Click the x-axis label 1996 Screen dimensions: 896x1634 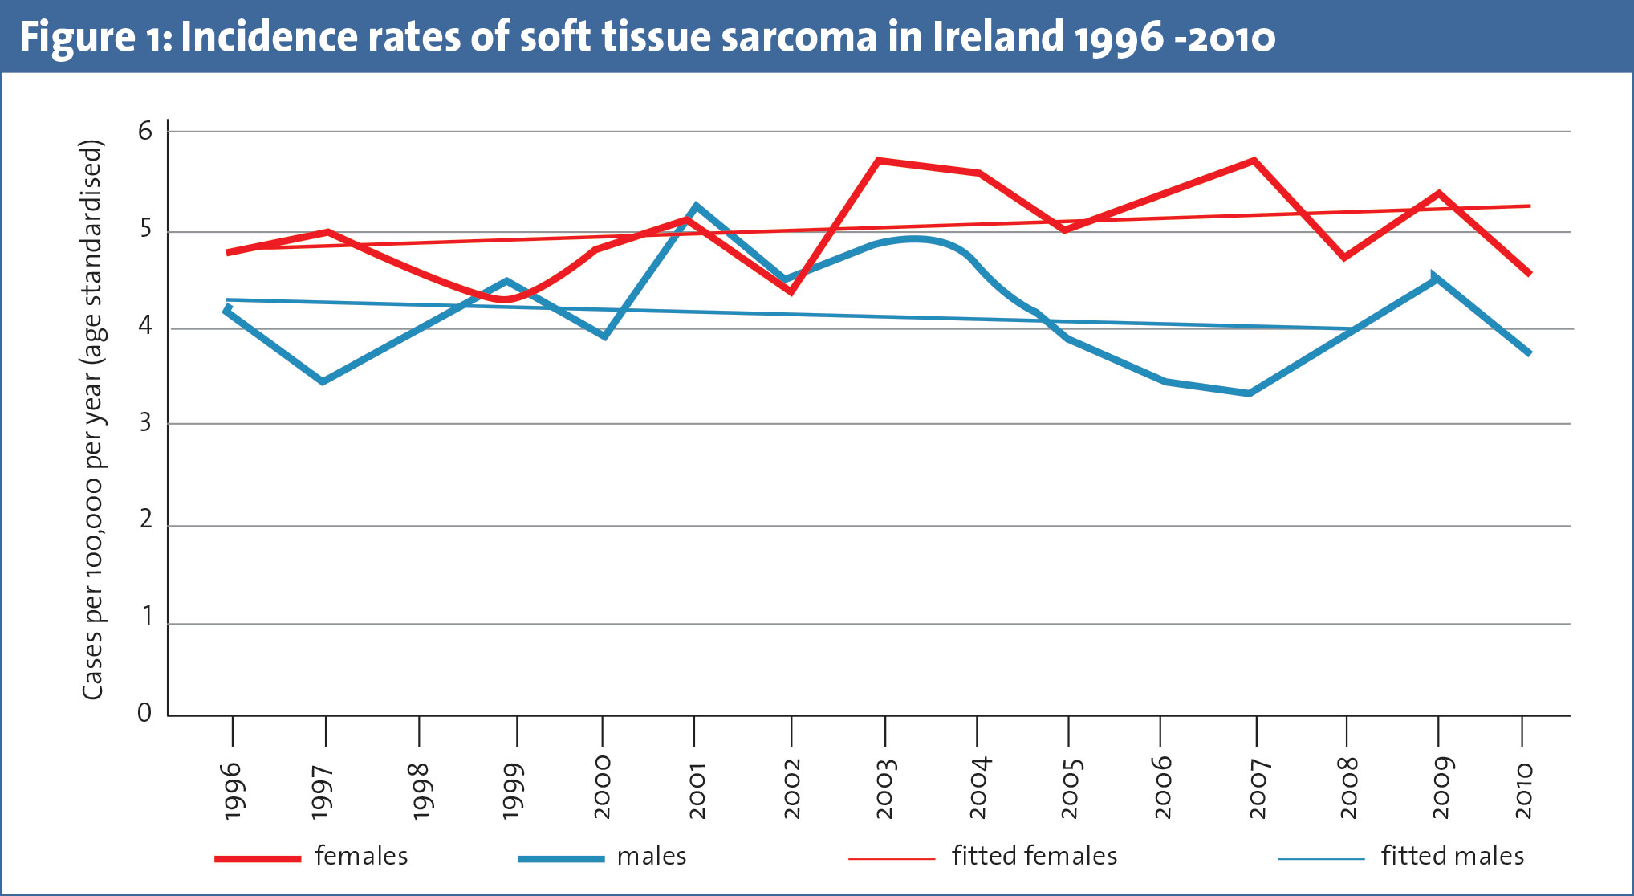[232, 791]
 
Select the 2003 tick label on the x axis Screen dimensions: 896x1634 [885, 789]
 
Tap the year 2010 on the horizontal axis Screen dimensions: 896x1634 [1524, 791]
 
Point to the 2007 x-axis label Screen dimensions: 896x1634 [1257, 789]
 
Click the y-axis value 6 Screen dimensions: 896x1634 [145, 131]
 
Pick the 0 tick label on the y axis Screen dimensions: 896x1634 [144, 713]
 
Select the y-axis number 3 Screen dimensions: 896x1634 [145, 423]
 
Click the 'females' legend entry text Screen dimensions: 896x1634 [361, 856]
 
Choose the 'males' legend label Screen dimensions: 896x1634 [652, 856]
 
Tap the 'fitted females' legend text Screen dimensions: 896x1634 [1034, 856]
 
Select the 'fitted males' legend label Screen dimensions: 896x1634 [1453, 856]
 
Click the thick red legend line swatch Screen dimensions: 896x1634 [258, 859]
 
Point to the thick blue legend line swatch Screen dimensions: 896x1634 [561, 859]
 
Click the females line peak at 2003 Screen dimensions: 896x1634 [880, 161]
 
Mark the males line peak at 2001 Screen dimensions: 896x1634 [695, 206]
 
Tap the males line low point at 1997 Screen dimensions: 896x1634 [323, 381]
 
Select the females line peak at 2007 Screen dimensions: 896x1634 [1254, 161]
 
